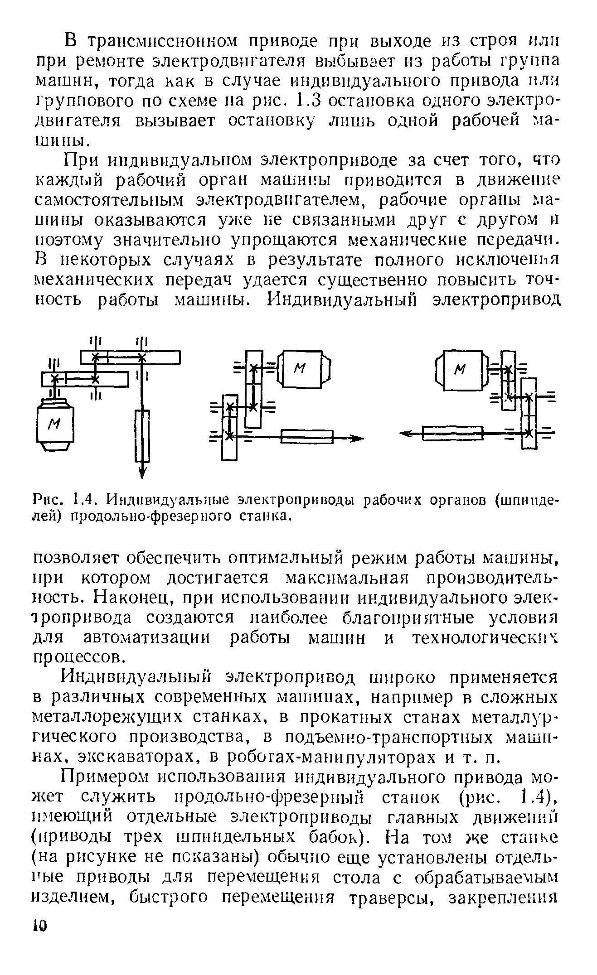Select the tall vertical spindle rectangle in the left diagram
(142, 435)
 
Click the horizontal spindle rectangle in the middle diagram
(307, 438)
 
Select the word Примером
(103, 777)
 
